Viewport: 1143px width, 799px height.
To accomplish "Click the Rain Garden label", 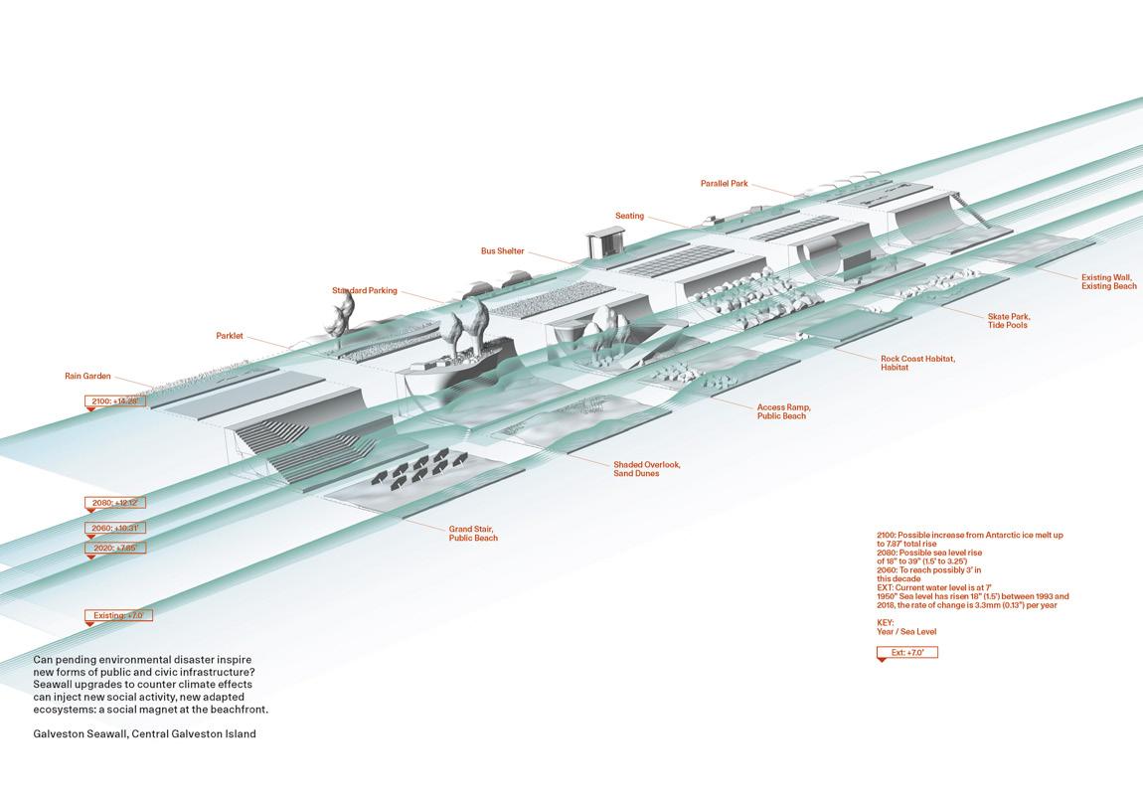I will tap(87, 377).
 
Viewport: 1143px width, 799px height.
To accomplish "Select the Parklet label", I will tap(230, 336).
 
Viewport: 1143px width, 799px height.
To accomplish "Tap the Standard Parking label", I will tap(364, 291).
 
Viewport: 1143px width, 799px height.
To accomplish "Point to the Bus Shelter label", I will tap(502, 251).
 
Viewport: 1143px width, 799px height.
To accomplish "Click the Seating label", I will tap(629, 216).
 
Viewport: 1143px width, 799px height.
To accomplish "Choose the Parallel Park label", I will tap(724, 184).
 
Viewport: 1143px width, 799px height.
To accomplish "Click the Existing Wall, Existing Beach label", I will tap(1109, 282).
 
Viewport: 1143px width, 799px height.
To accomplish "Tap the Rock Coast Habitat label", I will tap(917, 363).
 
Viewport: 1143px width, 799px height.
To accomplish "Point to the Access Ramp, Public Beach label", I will tap(784, 411).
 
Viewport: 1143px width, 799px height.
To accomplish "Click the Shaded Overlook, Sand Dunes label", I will tap(646, 469).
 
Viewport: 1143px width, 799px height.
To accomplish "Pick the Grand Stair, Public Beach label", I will tap(472, 533).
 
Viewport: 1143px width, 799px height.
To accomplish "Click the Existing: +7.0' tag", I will tap(118, 616).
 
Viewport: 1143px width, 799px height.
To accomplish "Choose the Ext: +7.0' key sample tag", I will tap(906, 653).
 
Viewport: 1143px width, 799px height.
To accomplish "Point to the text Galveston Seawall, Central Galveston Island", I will tap(144, 734).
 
